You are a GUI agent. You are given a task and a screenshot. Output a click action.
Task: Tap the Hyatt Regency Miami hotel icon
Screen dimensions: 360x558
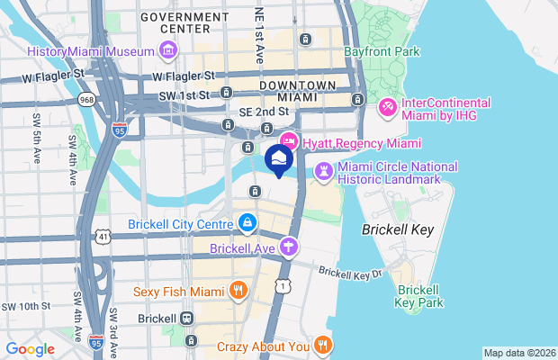(x=289, y=140)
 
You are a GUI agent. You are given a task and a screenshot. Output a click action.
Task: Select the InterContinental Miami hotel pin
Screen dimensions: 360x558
(x=389, y=107)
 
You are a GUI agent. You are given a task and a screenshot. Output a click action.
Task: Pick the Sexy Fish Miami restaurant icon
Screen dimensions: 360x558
(x=238, y=290)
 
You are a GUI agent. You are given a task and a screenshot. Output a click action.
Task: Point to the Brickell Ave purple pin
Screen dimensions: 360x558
(x=288, y=246)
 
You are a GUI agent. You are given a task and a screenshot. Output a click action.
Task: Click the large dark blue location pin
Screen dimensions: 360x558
(x=279, y=160)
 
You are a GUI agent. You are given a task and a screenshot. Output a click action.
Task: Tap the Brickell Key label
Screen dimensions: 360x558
(x=397, y=229)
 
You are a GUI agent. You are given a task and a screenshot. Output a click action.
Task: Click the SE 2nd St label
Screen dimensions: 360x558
(x=263, y=111)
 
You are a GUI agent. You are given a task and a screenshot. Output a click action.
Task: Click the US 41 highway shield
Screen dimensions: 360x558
(x=104, y=236)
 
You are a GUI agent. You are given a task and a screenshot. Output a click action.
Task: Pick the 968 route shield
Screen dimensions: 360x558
(x=87, y=99)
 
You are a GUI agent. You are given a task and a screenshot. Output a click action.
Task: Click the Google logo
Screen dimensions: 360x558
(x=31, y=349)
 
